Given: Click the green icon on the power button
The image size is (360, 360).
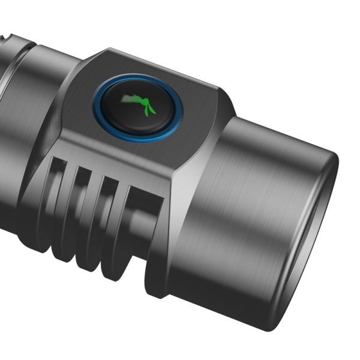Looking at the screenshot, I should [x=137, y=104].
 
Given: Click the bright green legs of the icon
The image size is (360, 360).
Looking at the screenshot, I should [x=148, y=108].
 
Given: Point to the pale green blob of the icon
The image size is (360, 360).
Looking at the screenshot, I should [x=129, y=98].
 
